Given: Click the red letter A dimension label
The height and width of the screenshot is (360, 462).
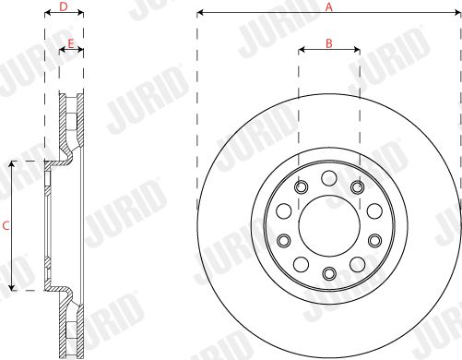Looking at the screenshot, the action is tap(329, 6).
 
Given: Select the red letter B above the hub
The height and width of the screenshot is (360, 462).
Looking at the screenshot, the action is tap(329, 43).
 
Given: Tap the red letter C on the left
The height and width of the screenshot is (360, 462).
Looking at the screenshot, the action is tap(6, 226).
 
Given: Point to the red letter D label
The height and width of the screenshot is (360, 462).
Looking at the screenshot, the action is tap(64, 6).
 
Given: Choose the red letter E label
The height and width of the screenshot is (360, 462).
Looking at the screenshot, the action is tap(71, 43).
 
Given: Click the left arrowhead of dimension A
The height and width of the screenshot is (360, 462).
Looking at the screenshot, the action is tap(200, 13).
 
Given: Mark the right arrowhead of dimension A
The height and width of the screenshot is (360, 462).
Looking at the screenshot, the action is tap(457, 13).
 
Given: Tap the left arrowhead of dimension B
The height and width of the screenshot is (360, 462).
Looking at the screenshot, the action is tap(302, 49).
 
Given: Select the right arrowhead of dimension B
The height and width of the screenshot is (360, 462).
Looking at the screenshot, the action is tap(357, 49).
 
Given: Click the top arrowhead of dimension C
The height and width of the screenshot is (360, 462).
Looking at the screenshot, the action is tap(12, 164).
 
